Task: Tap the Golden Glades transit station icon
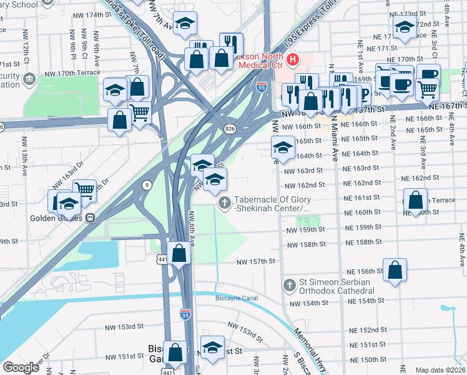click(91, 219)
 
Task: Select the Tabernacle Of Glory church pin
click(224, 202)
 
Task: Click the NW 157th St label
click(255, 261)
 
